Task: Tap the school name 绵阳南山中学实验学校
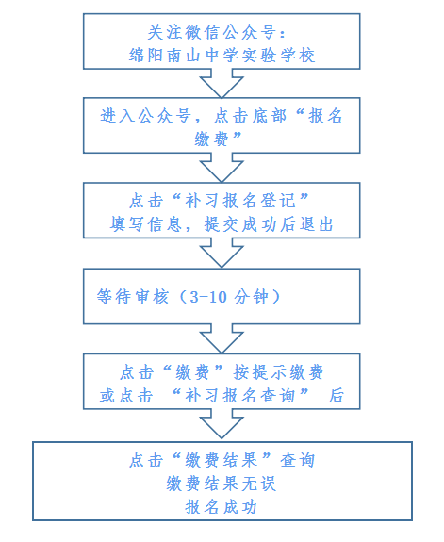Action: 222,55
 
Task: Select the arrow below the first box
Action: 222,86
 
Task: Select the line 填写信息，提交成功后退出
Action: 222,224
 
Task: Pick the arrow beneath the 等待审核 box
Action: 222,339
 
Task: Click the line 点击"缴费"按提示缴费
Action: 222,372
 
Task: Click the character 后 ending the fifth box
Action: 337,395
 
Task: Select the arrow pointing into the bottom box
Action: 222,425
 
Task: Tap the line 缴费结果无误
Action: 222,483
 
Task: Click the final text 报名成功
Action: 222,505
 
